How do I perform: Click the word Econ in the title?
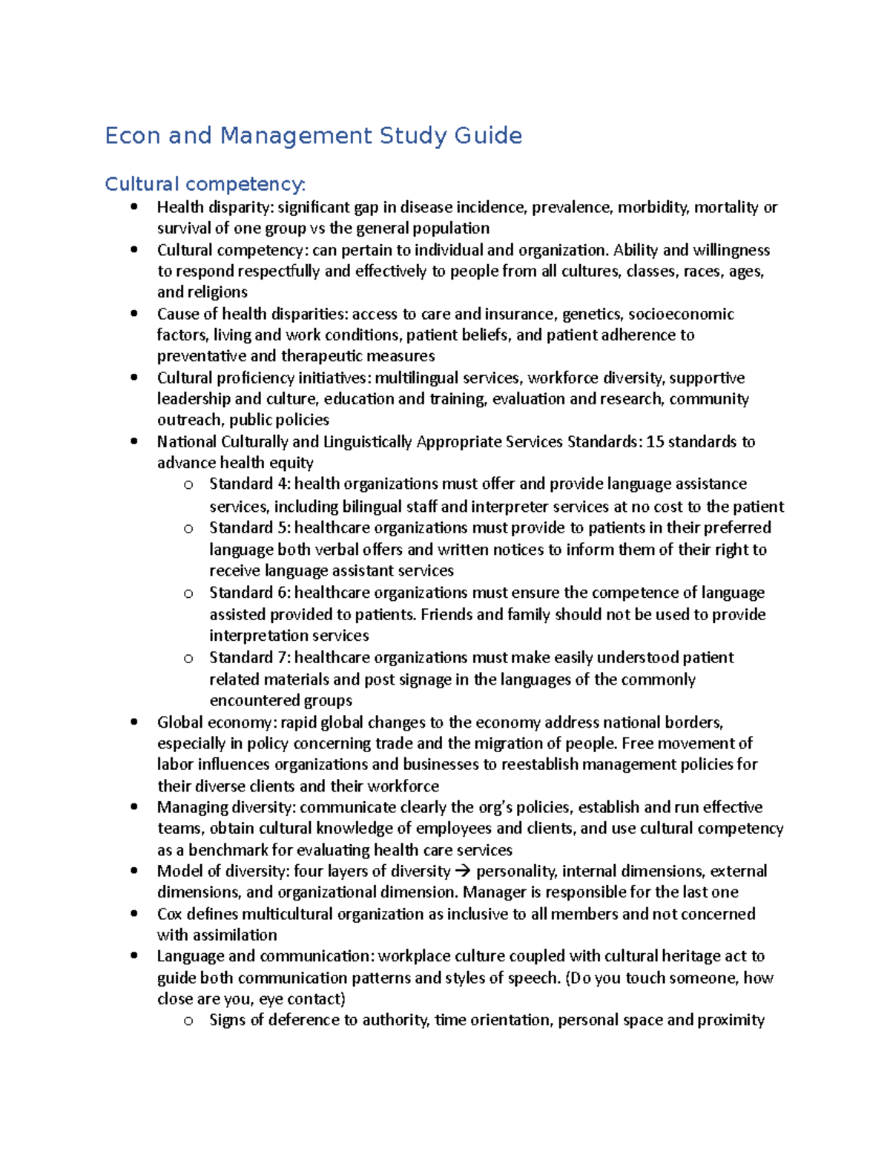133,136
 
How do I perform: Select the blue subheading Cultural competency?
205,184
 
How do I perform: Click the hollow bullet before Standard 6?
188,593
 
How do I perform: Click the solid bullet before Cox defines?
133,914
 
